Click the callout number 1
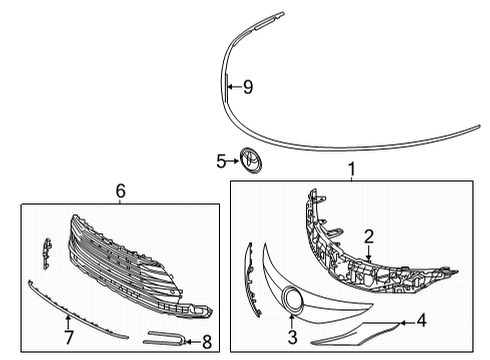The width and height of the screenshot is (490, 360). pos(351,171)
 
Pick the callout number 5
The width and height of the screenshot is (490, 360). pos(222,159)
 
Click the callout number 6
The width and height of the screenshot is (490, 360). pos(120,191)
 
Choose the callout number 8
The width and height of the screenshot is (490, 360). pos(206,342)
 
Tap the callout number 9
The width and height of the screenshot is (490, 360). pos(247,88)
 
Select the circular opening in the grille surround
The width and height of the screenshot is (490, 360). pos(294,297)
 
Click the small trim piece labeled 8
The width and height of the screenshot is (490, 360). pos(166,339)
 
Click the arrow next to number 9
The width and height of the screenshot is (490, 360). pos(233,88)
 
